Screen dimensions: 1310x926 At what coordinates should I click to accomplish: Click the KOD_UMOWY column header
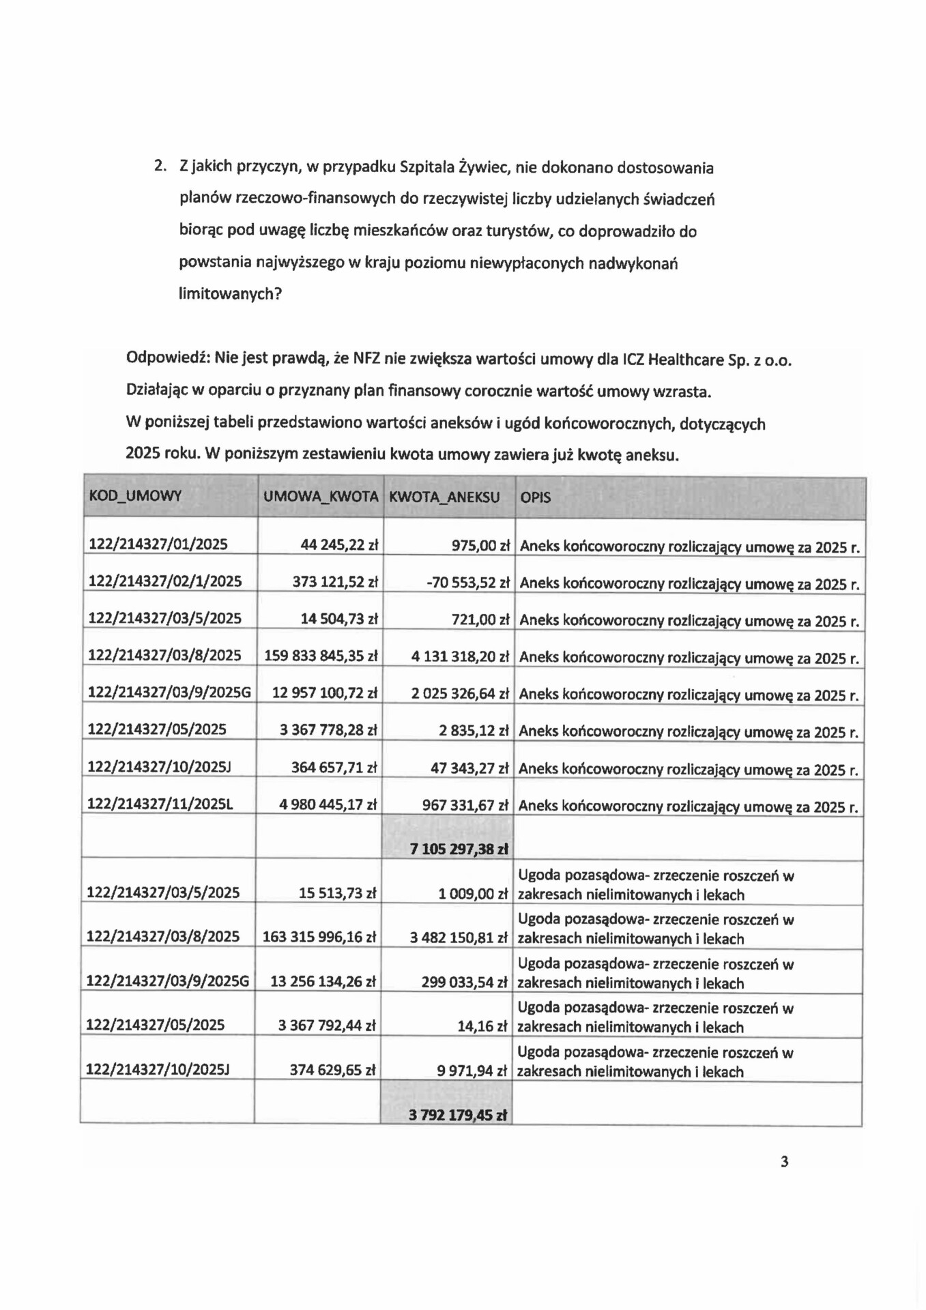135,496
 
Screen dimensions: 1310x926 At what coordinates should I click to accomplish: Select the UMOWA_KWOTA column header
321,497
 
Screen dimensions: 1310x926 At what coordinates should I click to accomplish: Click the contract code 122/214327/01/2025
158,544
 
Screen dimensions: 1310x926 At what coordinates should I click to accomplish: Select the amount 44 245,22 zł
339,545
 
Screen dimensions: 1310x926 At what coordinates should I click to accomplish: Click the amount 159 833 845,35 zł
321,656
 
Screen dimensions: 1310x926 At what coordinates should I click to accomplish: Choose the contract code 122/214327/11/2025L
160,804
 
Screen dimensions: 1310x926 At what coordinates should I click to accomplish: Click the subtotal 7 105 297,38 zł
459,849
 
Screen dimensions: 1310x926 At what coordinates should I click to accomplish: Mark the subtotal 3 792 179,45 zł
458,1116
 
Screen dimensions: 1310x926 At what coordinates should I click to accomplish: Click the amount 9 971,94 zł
472,1071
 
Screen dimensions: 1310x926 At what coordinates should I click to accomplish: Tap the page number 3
784,1161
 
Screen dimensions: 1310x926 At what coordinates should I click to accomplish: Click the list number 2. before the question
160,166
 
